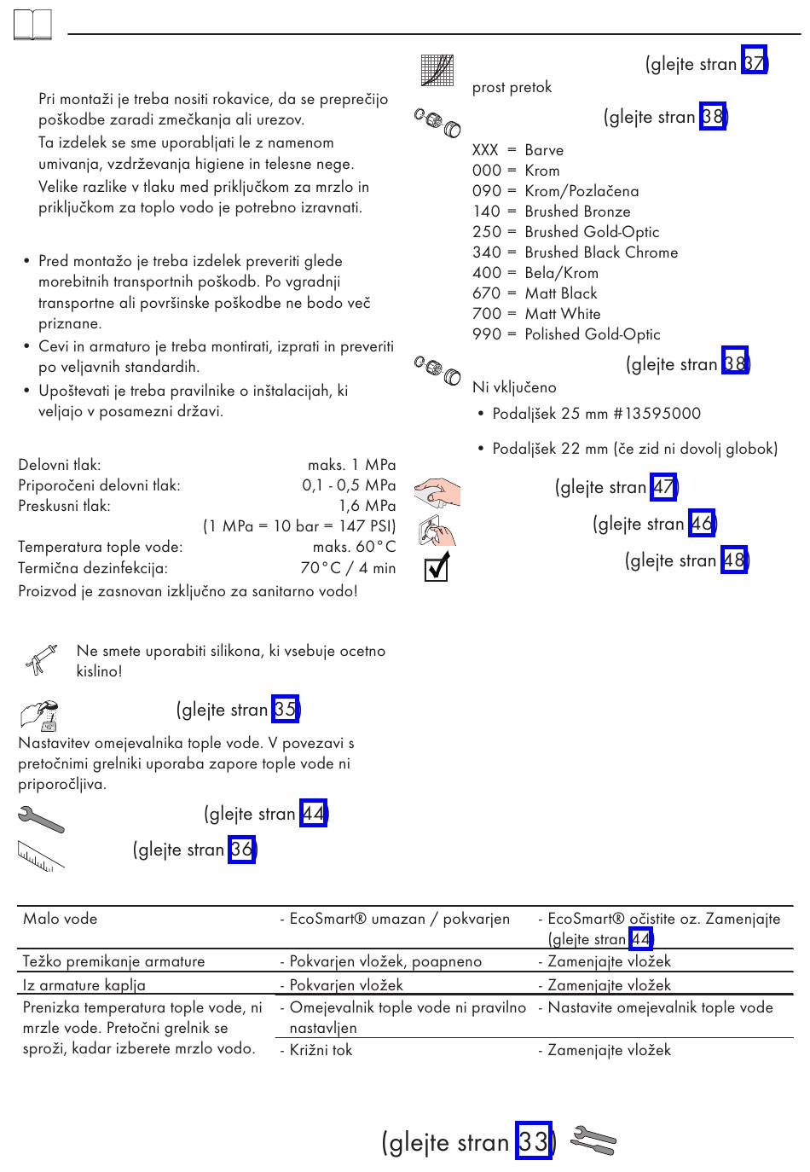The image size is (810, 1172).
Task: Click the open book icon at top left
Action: pos(33,26)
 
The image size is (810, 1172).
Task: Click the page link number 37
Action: pos(754,63)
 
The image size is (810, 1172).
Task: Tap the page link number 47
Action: pos(663,487)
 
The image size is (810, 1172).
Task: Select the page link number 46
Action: pos(702,523)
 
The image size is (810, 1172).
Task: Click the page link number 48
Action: pos(733,560)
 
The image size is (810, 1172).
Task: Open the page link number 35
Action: pos(285,710)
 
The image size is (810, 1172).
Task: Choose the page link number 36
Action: pos(241,850)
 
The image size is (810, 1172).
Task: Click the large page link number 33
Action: pos(534,1141)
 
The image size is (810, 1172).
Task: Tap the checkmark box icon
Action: pos(437,566)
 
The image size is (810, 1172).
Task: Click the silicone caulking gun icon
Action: pos(39,660)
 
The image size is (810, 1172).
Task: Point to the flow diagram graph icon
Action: pos(437,70)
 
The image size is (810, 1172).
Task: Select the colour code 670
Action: pos(487,293)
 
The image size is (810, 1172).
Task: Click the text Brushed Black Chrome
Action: pos(601,252)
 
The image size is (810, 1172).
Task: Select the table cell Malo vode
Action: pos(61,919)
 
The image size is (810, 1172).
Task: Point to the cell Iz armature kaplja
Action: pos(84,985)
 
